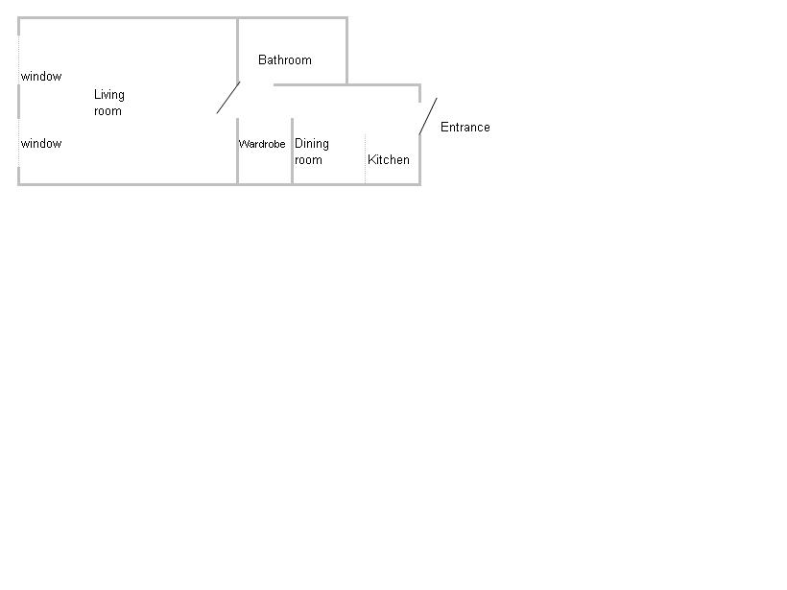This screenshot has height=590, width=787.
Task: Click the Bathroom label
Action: pyautogui.click(x=285, y=60)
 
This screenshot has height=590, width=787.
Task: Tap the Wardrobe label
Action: pyautogui.click(x=261, y=144)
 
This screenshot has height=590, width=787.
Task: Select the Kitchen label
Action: pyautogui.click(x=389, y=159)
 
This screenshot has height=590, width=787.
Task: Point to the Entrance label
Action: pyautogui.click(x=465, y=127)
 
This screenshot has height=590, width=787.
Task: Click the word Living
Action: pyautogui.click(x=108, y=95)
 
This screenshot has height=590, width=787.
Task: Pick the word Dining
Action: pyautogui.click(x=312, y=144)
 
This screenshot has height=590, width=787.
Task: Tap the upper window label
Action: pyautogui.click(x=41, y=76)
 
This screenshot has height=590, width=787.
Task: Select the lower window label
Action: pyautogui.click(x=41, y=144)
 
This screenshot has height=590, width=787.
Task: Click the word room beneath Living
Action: pyautogui.click(x=107, y=111)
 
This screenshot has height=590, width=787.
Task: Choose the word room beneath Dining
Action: pyautogui.click(x=308, y=160)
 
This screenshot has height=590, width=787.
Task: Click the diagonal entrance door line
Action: pyautogui.click(x=428, y=116)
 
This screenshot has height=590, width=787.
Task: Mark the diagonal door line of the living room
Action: pyautogui.click(x=228, y=97)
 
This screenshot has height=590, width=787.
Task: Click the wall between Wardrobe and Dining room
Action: pyautogui.click(x=292, y=151)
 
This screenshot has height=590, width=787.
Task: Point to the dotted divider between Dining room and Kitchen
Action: pyautogui.click(x=365, y=158)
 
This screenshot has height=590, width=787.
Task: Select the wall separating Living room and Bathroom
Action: pyautogui.click(x=237, y=50)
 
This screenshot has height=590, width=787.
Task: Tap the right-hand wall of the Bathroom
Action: pyautogui.click(x=346, y=51)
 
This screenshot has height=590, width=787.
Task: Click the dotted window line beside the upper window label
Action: pyautogui.click(x=19, y=60)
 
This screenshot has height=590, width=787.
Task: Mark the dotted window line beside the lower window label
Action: pyautogui.click(x=19, y=143)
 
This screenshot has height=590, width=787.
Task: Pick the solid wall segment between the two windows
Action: pyautogui.click(x=19, y=102)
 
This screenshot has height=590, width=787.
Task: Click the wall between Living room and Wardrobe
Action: pyautogui.click(x=237, y=151)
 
